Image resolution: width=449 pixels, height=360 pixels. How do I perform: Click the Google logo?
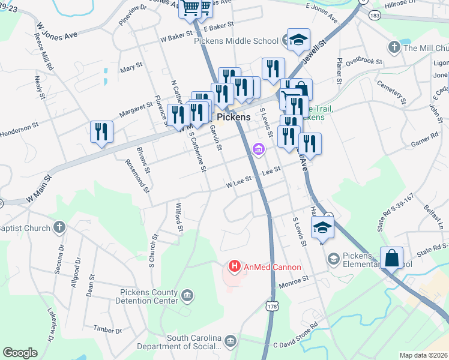click(x=20, y=353)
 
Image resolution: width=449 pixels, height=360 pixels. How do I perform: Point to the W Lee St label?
click(x=238, y=185)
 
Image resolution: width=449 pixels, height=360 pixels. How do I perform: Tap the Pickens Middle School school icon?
click(x=298, y=40)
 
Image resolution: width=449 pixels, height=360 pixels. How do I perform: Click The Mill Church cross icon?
click(x=394, y=47)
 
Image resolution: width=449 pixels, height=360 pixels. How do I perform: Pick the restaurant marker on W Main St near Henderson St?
click(x=101, y=131)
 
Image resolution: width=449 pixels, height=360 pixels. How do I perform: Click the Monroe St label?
click(x=294, y=279)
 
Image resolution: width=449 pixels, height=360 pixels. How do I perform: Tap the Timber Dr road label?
click(x=108, y=329)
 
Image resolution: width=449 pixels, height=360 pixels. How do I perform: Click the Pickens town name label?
click(x=234, y=118)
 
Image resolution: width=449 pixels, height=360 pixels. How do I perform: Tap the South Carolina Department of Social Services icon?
click(x=230, y=341)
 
